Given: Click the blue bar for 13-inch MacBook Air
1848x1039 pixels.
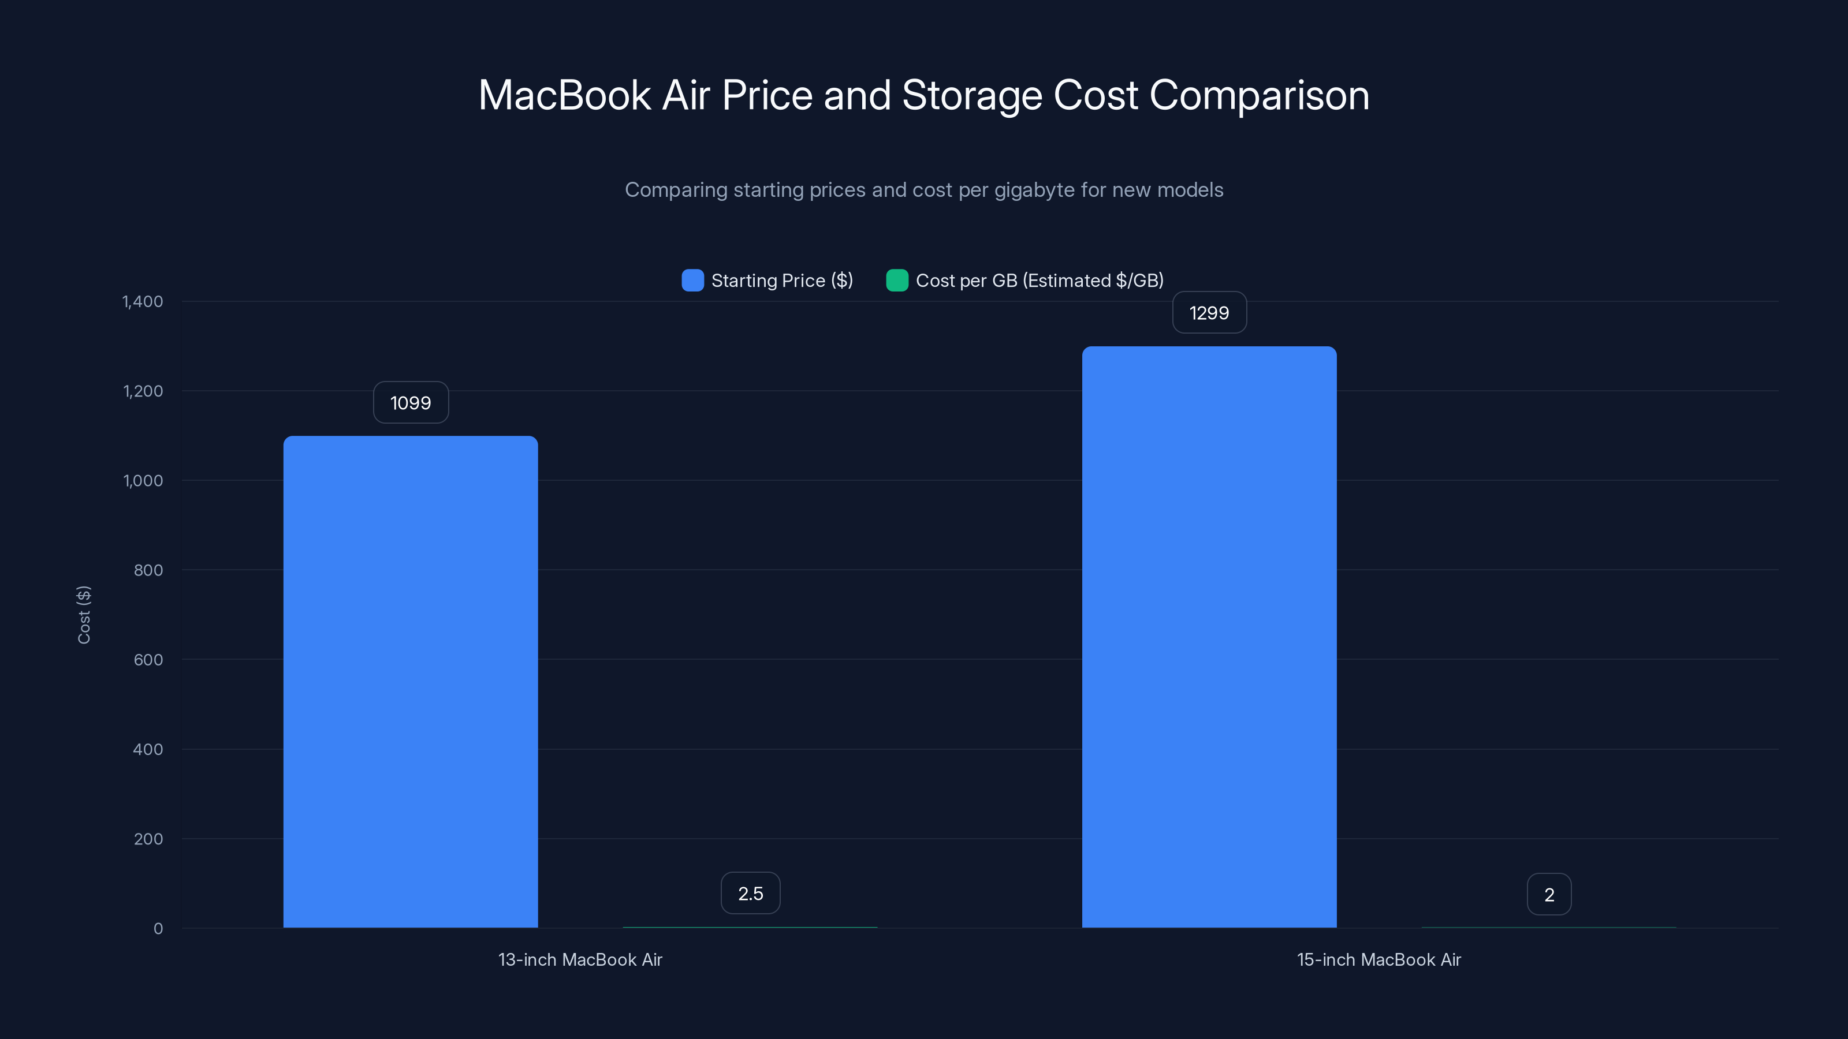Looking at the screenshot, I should pos(411,681).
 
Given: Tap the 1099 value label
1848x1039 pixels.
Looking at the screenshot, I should pos(411,403).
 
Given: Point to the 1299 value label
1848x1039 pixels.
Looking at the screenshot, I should pos(1209,313).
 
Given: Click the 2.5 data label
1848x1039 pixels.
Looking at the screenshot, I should pos(750,894).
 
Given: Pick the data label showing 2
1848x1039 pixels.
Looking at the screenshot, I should pos(1549,894).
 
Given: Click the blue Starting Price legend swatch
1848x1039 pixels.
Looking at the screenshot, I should pos(692,281).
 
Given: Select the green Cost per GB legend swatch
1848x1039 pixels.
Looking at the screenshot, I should pos(897,281).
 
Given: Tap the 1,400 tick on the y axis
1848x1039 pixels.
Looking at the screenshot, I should pos(143,301).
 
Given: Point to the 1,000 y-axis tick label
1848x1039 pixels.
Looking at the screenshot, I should pos(143,480).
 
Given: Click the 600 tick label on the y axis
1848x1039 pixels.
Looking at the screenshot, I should pos(148,660).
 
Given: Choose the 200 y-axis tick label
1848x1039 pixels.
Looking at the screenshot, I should pos(148,839).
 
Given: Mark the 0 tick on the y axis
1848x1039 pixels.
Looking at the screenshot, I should pos(158,929).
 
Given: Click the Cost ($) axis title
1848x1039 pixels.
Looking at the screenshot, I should pos(84,615).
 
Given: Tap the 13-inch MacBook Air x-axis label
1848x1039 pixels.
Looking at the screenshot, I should pos(580,959).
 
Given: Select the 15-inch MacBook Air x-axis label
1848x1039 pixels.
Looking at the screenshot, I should pos(1378,959).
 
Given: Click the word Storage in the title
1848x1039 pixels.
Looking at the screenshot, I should pos(971,95).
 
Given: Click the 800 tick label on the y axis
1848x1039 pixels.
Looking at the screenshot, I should pos(148,570).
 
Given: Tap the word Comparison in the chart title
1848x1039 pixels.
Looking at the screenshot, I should pos(1259,95).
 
